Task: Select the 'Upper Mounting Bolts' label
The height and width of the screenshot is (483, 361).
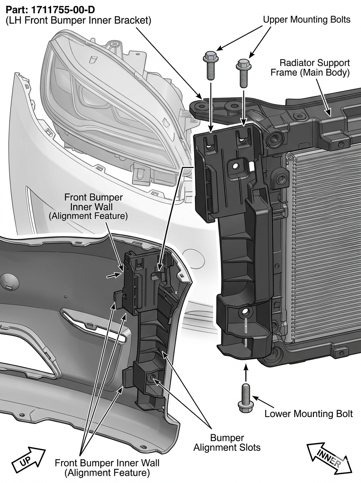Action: click(307, 20)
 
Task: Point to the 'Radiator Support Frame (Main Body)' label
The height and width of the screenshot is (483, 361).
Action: click(310, 68)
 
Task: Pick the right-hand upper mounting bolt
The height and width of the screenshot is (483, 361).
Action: click(244, 74)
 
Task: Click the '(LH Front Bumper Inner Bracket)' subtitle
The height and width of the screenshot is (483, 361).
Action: click(79, 21)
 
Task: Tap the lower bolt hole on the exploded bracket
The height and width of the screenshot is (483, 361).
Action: click(245, 312)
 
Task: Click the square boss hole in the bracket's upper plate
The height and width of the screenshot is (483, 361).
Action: click(235, 166)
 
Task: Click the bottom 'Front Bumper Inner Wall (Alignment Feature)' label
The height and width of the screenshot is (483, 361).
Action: click(107, 469)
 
